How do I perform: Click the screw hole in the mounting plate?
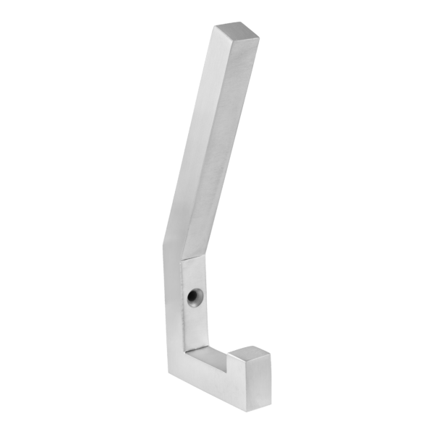[193, 297]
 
